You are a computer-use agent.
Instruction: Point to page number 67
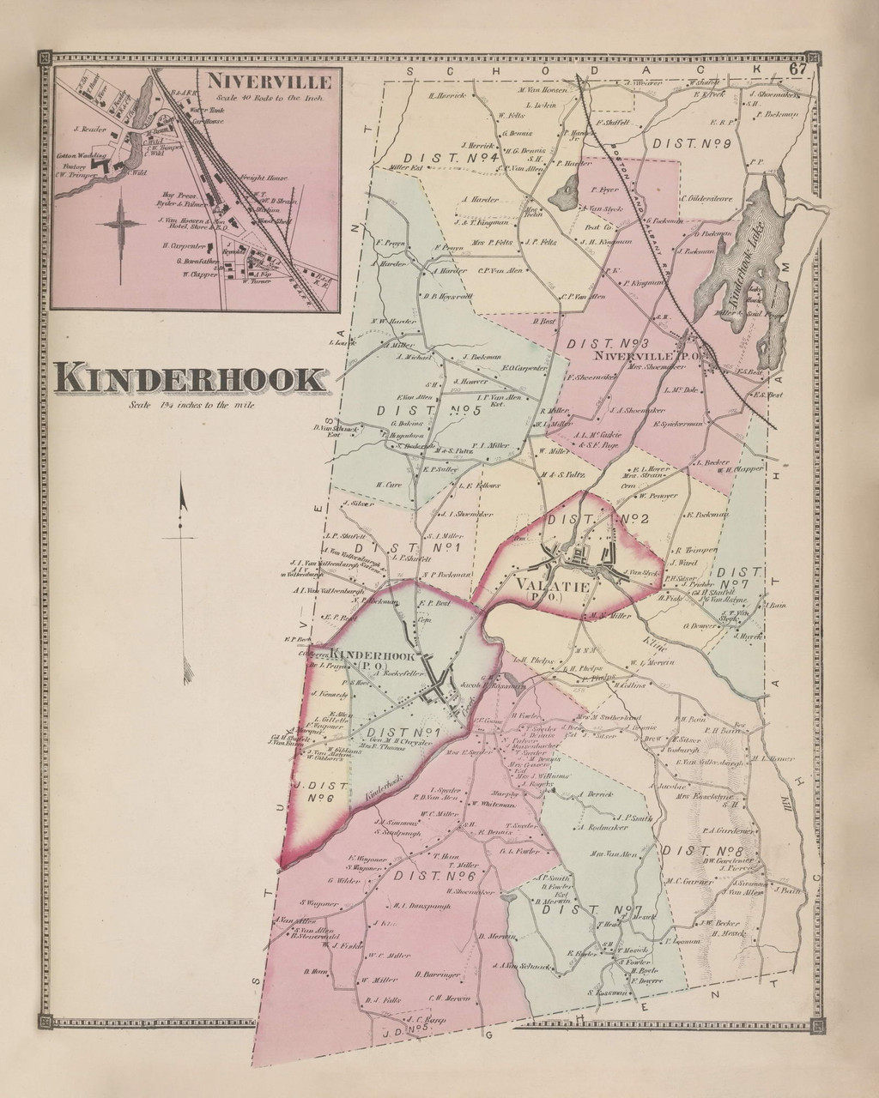[x=797, y=69]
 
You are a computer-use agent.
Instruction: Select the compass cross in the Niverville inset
[x=122, y=222]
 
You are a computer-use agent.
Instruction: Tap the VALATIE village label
[x=552, y=588]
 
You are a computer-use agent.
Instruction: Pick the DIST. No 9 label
[x=690, y=144]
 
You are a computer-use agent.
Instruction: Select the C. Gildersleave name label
[x=706, y=200]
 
